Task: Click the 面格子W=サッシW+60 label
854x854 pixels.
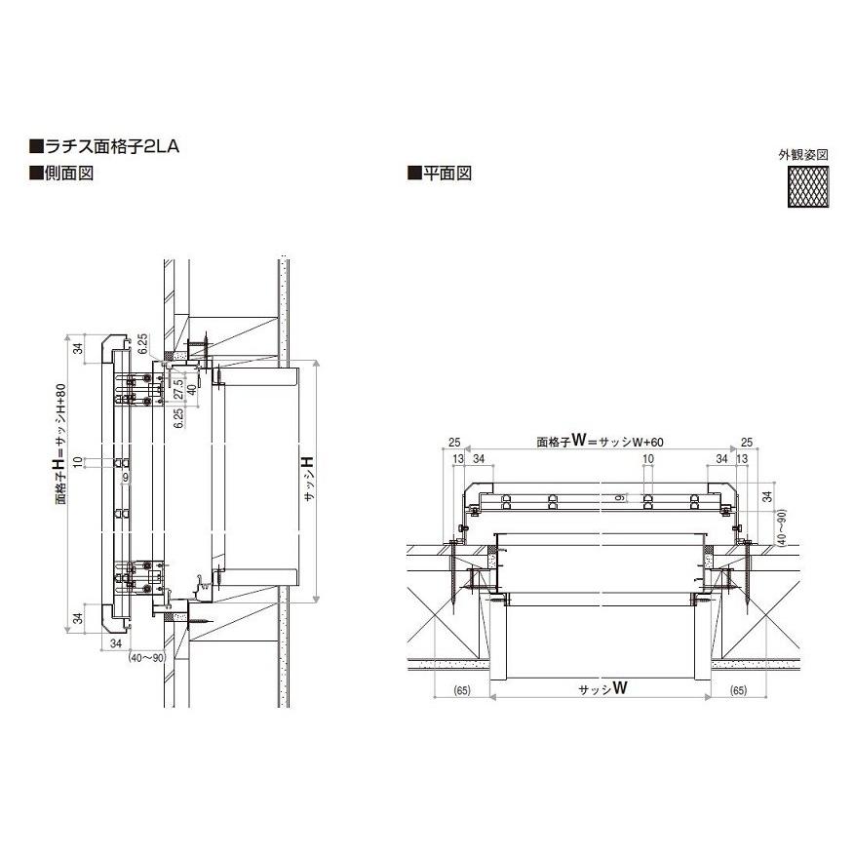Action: coord(600,441)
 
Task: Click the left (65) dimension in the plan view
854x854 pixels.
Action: coord(462,691)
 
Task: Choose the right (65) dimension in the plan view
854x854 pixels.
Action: coord(738,691)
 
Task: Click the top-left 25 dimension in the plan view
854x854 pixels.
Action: coord(454,442)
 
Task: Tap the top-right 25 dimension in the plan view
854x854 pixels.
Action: coord(746,442)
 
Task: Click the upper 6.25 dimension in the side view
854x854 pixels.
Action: coord(142,343)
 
